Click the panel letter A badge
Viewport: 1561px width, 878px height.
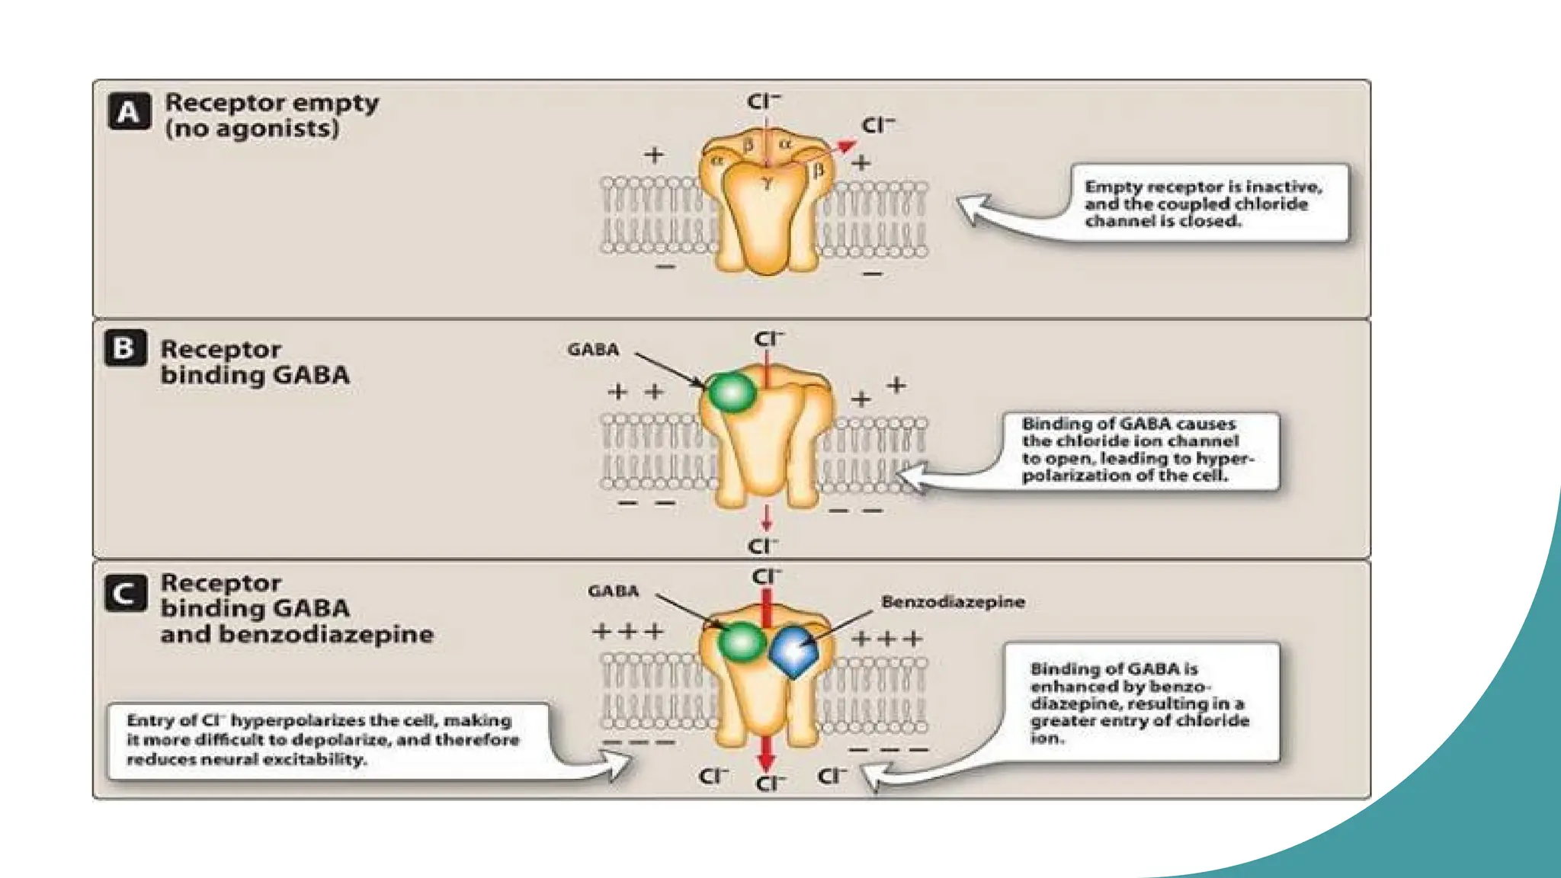tap(129, 112)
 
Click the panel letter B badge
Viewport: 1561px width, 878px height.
tap(125, 348)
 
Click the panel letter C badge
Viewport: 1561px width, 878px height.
tap(125, 594)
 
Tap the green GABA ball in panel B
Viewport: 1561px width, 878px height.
tap(732, 393)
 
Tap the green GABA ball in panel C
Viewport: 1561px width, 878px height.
tap(741, 642)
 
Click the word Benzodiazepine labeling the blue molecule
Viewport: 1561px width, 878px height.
tap(953, 602)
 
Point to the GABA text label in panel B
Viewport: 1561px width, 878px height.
tap(593, 350)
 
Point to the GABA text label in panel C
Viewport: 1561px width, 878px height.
tap(613, 591)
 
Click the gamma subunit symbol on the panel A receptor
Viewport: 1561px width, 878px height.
tap(767, 182)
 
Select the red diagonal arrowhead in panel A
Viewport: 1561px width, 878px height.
tap(846, 146)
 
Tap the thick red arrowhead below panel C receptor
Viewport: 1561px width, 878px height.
tap(766, 760)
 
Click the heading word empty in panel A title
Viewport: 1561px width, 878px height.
tap(335, 102)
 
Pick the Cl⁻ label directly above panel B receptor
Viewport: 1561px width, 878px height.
tap(768, 338)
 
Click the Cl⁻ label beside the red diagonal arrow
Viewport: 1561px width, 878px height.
tap(878, 125)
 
